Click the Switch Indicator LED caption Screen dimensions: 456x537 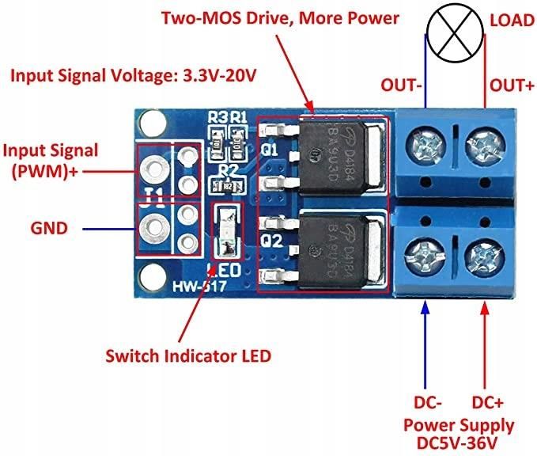coord(188,355)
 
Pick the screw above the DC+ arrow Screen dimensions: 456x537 coord(481,255)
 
